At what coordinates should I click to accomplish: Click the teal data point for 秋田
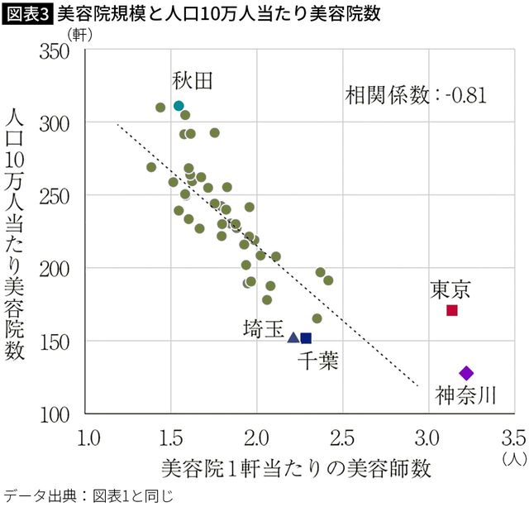pos(179,106)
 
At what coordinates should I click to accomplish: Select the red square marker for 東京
pos(452,310)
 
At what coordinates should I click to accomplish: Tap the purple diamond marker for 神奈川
pos(466,373)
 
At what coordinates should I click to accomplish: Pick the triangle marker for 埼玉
pos(293,337)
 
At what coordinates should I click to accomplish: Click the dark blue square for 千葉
pos(306,337)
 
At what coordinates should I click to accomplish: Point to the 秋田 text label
pos(193,80)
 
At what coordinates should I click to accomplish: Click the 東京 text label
pos(450,289)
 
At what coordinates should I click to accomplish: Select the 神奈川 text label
pos(466,395)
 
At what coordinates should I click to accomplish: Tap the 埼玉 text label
pos(264,329)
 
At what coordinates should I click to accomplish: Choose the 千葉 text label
pos(318,361)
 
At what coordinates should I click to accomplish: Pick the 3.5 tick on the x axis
pos(512,436)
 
